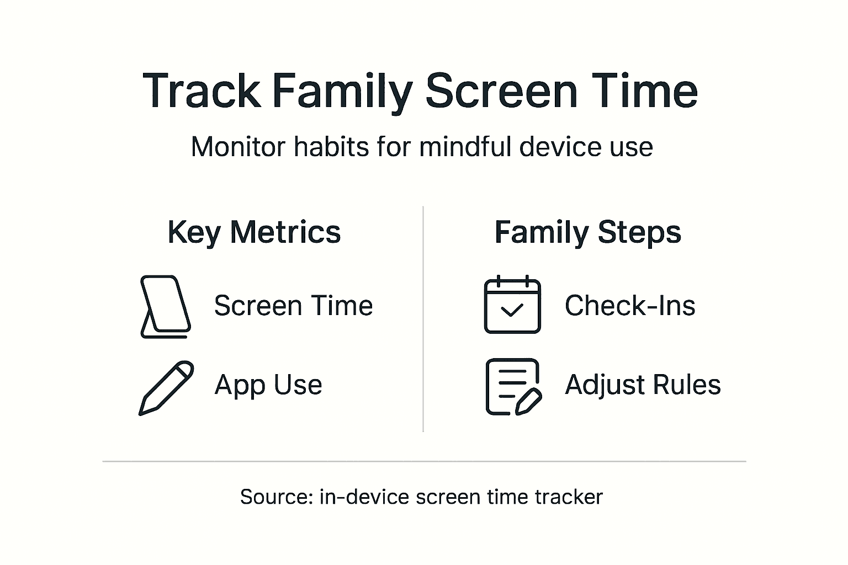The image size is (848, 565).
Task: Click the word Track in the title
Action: pyautogui.click(x=202, y=91)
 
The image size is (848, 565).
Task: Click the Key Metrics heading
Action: pyautogui.click(x=254, y=233)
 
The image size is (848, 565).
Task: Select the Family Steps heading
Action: pyautogui.click(x=588, y=233)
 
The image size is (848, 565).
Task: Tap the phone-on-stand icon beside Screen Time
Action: pyautogui.click(x=166, y=307)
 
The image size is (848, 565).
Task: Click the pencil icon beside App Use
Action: pyautogui.click(x=166, y=388)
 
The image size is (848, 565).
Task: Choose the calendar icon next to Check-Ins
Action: pyautogui.click(x=512, y=304)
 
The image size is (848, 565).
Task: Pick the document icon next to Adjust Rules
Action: pyautogui.click(x=514, y=387)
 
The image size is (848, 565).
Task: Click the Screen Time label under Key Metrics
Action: pyautogui.click(x=293, y=305)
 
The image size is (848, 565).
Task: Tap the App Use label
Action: pyautogui.click(x=268, y=385)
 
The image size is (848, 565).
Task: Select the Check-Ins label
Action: pyautogui.click(x=630, y=305)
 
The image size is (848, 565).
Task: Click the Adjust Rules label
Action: pyautogui.click(x=643, y=385)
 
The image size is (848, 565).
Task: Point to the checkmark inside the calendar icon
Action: pyautogui.click(x=512, y=310)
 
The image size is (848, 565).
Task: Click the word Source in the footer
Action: pyautogui.click(x=277, y=497)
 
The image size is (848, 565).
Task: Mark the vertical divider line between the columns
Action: pyautogui.click(x=423, y=319)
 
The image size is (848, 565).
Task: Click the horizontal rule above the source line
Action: pyautogui.click(x=424, y=461)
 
